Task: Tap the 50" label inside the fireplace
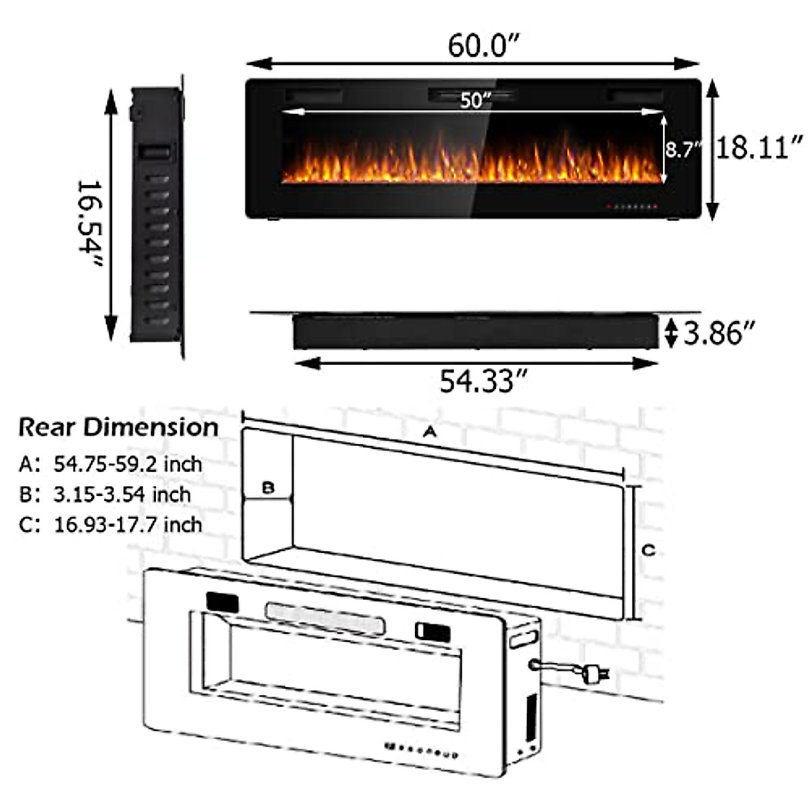point(475,101)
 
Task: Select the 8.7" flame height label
point(683,148)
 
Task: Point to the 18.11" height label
point(759,146)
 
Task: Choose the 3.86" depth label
point(718,333)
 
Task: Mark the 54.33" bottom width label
point(482,382)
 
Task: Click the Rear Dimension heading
point(118,427)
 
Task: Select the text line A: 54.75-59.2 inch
point(111,464)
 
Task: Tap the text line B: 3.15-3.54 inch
point(105,494)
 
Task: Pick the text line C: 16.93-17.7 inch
point(111,524)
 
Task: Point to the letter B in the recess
point(268,487)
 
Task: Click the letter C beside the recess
point(648,551)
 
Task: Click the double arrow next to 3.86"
point(670,333)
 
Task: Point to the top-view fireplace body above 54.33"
point(475,331)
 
